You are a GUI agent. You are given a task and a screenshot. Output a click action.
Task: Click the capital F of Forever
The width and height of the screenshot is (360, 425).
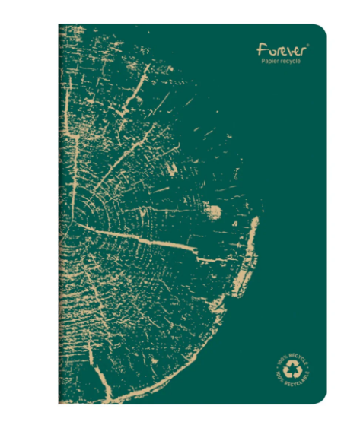click(x=262, y=49)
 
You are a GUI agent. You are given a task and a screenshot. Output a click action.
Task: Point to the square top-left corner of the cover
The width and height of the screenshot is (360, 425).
click(x=59, y=25)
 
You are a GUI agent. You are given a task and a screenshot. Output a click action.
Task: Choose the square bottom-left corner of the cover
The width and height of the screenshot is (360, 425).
click(x=59, y=402)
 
